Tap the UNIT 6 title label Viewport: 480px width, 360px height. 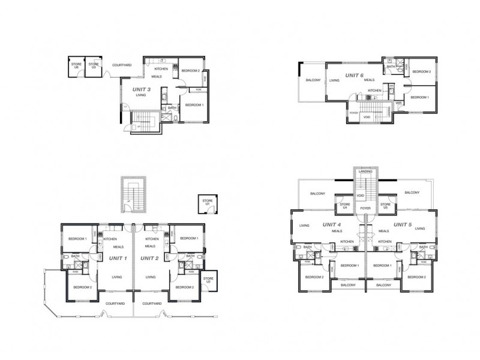354,75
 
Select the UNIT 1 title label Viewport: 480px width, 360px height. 117,258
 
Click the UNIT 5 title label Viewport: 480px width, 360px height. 403,224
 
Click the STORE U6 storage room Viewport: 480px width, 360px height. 76,65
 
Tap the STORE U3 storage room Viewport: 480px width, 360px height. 94,65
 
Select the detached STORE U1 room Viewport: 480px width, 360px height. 206,205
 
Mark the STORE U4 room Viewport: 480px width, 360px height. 344,206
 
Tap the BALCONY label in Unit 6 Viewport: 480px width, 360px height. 312,80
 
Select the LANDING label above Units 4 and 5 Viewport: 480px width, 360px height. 365,172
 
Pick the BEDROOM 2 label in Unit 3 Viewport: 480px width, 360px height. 191,71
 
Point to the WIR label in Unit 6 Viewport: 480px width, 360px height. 398,103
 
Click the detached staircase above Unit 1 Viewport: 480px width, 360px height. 133,193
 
